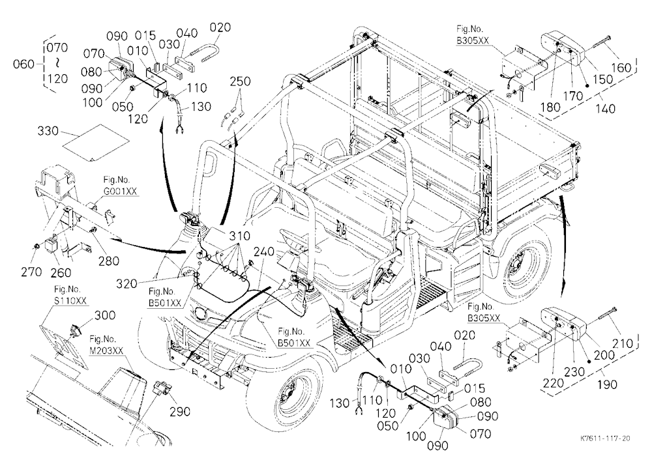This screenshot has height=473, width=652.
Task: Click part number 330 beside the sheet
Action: [x=48, y=131]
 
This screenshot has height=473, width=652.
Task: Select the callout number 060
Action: [x=23, y=64]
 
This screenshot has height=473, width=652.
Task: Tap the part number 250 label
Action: [x=241, y=81]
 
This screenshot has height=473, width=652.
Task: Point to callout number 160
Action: [x=621, y=67]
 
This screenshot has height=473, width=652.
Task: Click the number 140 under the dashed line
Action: [x=605, y=109]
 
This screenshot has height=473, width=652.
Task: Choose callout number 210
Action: [x=623, y=343]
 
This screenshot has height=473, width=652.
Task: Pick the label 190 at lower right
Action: [x=606, y=384]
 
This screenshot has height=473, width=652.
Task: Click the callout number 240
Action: [x=264, y=252]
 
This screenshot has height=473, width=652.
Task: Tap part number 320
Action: [x=126, y=284]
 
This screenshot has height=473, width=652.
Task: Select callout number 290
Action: [x=180, y=412]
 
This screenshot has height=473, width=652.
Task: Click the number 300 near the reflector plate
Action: [x=105, y=315]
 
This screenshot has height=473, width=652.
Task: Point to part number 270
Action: [x=31, y=272]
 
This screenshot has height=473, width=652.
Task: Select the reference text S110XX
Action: [x=70, y=300]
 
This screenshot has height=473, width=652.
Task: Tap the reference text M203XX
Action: [x=106, y=351]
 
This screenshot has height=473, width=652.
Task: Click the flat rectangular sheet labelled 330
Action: [x=96, y=142]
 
